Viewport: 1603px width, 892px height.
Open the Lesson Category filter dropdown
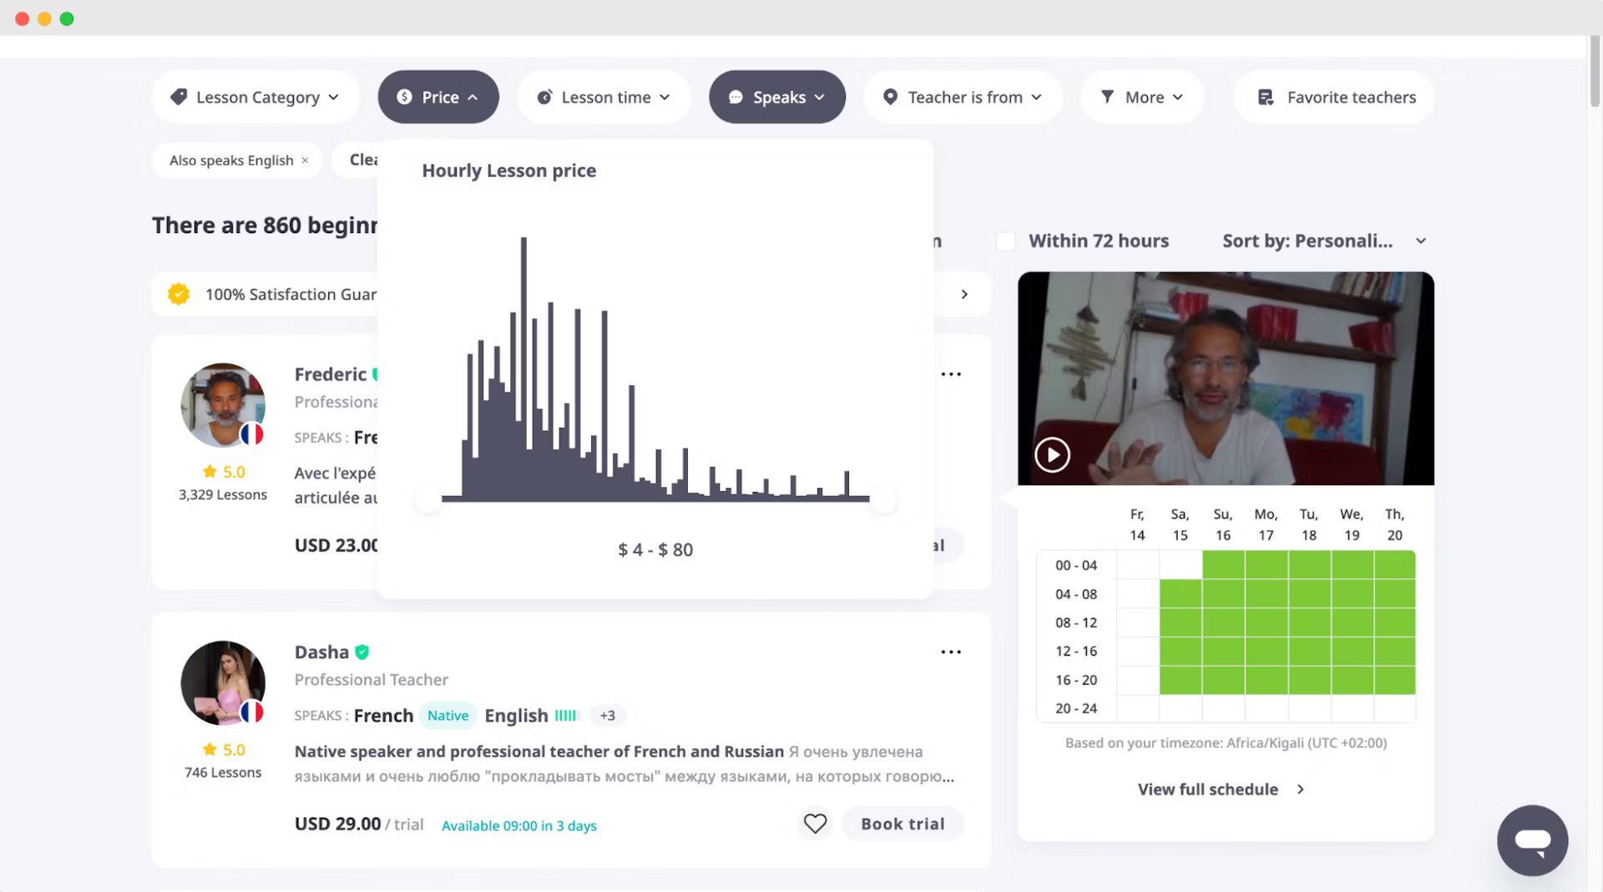click(255, 98)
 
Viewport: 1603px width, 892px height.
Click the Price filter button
click(438, 98)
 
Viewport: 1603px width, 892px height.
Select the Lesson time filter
click(604, 98)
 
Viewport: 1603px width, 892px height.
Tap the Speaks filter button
click(776, 98)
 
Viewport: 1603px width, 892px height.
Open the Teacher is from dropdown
click(963, 98)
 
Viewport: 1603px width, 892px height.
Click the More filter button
click(1141, 98)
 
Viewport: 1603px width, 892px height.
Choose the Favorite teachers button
click(1335, 98)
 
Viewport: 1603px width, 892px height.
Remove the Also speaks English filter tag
click(305, 160)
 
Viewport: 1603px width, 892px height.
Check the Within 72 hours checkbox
click(1006, 241)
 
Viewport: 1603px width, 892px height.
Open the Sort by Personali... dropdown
click(1324, 241)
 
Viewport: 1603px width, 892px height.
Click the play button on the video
click(1052, 455)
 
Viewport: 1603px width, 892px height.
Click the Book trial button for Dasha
click(903, 824)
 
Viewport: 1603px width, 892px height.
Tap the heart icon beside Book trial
click(815, 824)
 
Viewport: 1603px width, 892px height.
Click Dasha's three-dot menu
click(951, 652)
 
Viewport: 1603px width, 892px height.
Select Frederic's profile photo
click(223, 405)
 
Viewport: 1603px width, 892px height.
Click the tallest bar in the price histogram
click(523, 367)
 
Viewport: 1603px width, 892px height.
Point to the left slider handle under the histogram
click(428, 499)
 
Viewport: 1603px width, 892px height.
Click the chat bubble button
click(1532, 840)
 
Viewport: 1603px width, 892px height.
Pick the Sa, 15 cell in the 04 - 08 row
click(1181, 594)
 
